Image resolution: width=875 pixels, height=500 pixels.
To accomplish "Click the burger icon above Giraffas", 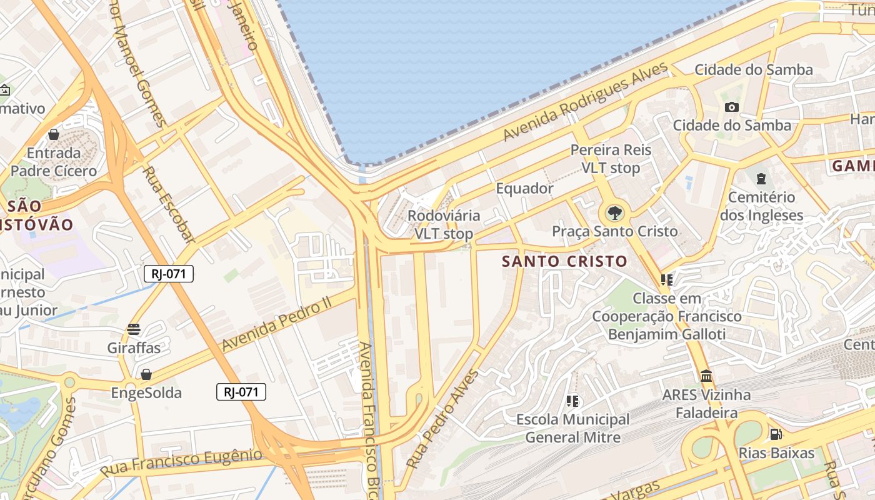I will (x=133, y=329).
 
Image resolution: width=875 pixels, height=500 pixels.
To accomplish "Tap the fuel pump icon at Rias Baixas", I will (x=776, y=434).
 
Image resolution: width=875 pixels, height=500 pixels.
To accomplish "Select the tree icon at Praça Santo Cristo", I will (x=615, y=213).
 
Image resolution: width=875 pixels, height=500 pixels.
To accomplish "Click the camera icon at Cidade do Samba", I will (x=732, y=107).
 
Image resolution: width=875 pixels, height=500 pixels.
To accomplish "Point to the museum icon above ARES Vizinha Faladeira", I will (x=707, y=376).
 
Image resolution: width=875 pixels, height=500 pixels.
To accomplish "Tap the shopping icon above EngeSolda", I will (x=146, y=374).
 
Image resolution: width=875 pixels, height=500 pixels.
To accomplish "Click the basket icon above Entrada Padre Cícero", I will (x=54, y=134).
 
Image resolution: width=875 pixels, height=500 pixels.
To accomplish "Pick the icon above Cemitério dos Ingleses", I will (x=761, y=179).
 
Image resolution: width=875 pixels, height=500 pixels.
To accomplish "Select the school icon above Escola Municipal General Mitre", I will (x=572, y=401).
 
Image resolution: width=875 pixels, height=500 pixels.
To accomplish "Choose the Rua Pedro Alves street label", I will (x=442, y=419).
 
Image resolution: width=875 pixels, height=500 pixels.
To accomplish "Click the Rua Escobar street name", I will (x=169, y=204).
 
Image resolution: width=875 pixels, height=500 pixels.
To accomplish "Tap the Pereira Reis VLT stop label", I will (x=611, y=159).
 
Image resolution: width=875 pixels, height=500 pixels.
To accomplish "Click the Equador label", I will (x=524, y=188).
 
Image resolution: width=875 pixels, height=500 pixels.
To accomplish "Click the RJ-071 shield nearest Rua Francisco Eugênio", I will (x=241, y=392).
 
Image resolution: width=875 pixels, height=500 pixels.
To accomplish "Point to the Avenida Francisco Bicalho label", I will (x=372, y=419).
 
